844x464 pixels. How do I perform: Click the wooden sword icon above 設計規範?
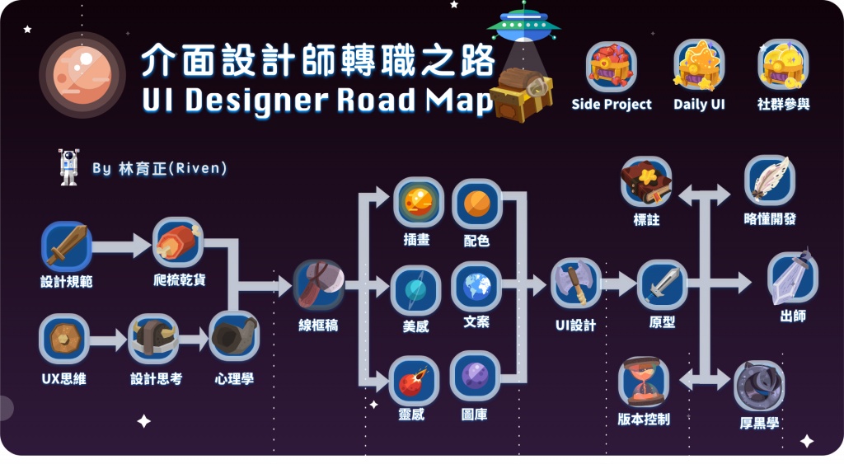pos(66,246)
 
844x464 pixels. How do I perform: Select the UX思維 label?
pos(63,379)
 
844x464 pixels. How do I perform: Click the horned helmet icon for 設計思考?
pos(153,339)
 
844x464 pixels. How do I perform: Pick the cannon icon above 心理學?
pos(234,335)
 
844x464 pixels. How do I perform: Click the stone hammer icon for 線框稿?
pos(319,284)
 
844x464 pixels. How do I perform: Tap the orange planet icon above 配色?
pos(477,204)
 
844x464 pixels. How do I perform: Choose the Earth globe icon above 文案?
pos(476,286)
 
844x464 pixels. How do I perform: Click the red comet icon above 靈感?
pos(413,380)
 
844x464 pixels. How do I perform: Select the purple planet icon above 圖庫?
pos(476,376)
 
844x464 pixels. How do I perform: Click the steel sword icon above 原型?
pos(663,284)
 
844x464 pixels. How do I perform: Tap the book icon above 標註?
pos(646,181)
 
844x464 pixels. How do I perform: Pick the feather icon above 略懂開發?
pos(770,180)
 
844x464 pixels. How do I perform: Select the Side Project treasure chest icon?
pos(612,66)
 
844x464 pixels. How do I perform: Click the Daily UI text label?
pos(699,105)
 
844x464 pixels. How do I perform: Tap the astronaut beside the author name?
pos(68,167)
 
